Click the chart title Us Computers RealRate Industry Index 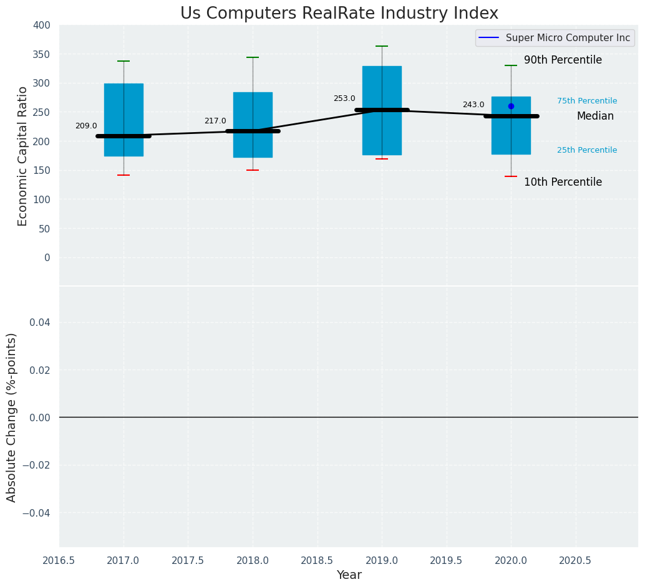point(339,14)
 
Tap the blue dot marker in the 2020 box point(511,106)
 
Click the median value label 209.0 point(86,126)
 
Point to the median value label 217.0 point(215,121)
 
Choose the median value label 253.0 point(344,98)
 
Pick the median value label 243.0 point(473,105)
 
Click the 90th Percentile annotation point(563,60)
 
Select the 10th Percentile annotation point(563,183)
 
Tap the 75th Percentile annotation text point(587,101)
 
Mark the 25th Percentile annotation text point(587,150)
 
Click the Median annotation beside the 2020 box point(595,117)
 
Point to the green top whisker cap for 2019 point(382,46)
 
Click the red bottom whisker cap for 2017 point(124,175)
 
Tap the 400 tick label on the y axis point(42,25)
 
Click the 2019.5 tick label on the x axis point(446,560)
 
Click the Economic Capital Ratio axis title point(23,156)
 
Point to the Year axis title point(349,575)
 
